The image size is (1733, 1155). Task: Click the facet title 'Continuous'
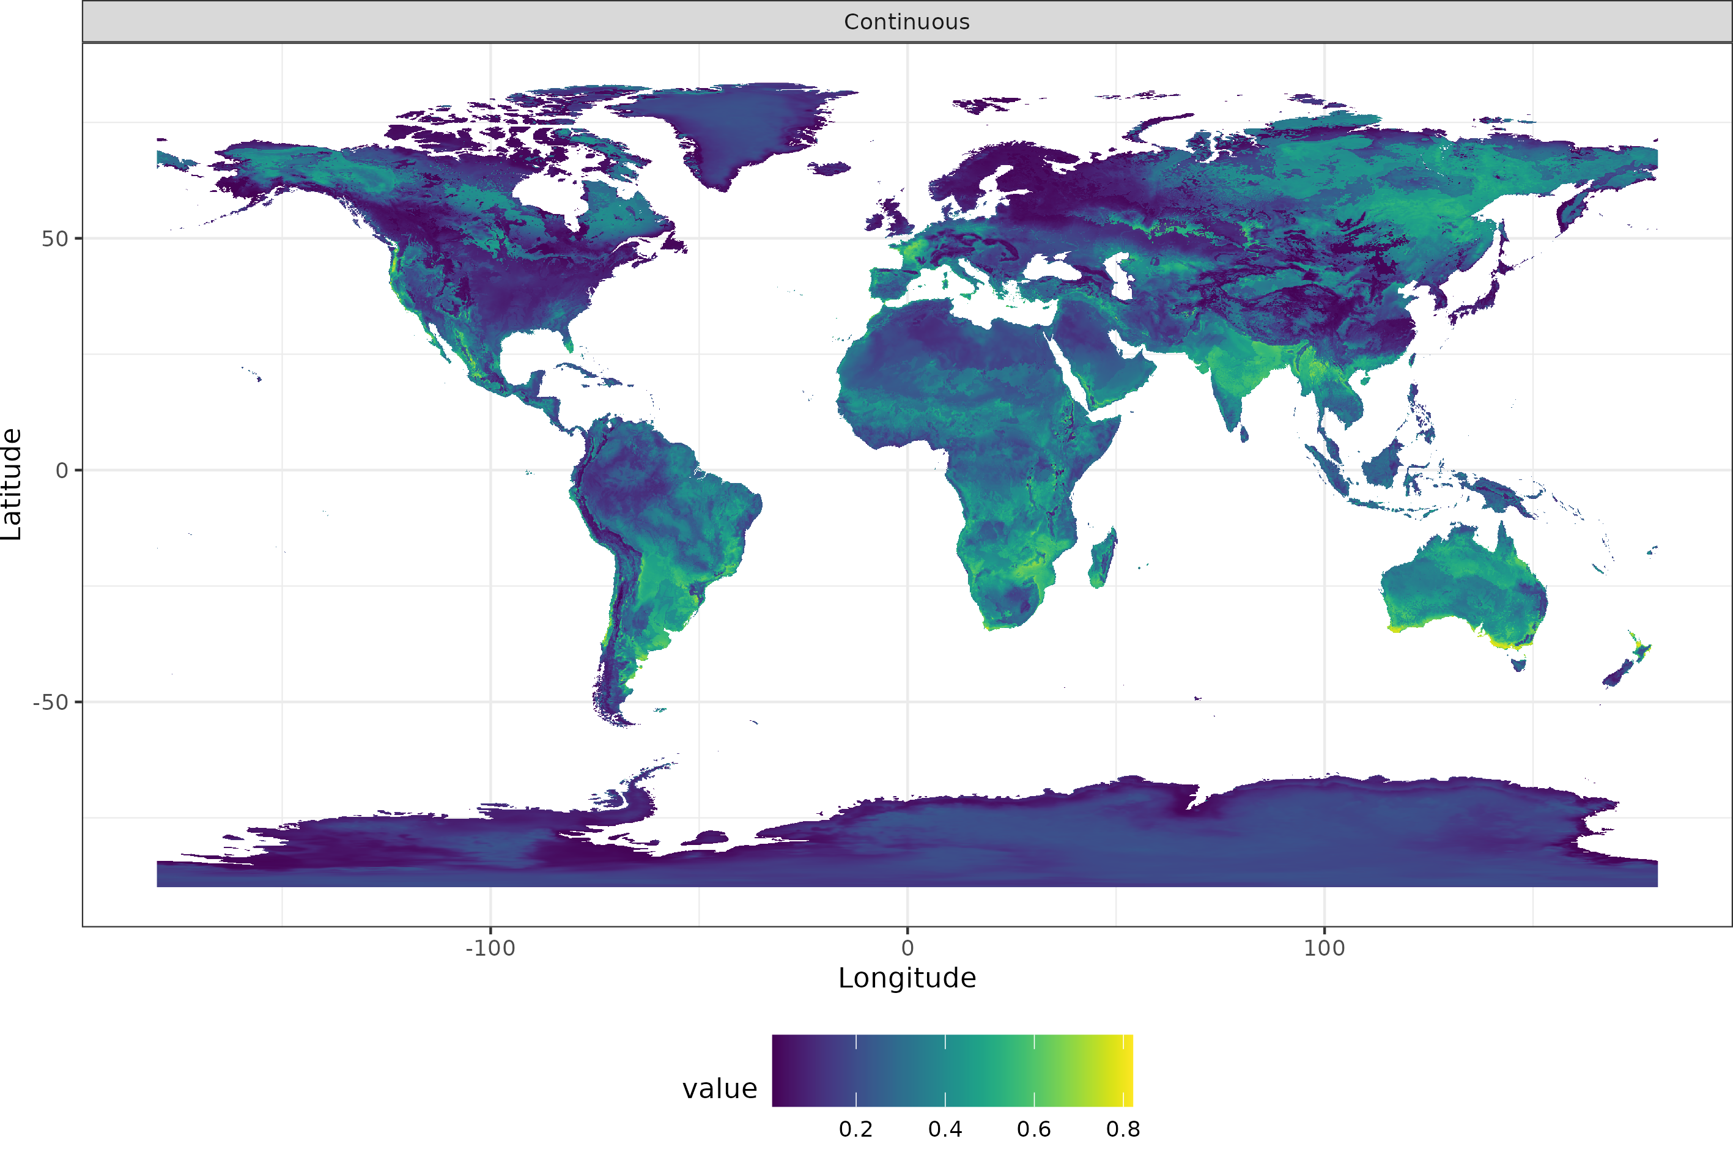(x=907, y=22)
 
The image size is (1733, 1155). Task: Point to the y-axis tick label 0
(x=62, y=471)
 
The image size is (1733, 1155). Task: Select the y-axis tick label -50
(x=50, y=703)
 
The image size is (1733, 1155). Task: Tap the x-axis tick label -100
(x=490, y=948)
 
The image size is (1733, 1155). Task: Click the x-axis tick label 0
(x=907, y=948)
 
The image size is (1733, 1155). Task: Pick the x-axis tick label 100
(x=1325, y=948)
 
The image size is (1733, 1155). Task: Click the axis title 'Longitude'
(x=907, y=978)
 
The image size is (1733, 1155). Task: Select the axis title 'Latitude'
(x=12, y=484)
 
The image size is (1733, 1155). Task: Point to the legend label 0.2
(x=856, y=1129)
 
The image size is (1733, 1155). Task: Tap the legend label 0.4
(x=945, y=1129)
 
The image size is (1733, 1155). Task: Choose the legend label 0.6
(x=1034, y=1129)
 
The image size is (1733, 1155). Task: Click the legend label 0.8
(x=1123, y=1129)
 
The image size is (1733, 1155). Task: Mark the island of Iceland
(x=829, y=169)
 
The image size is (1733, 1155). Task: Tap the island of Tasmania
(x=1518, y=665)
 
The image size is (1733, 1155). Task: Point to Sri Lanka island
(x=1244, y=434)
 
